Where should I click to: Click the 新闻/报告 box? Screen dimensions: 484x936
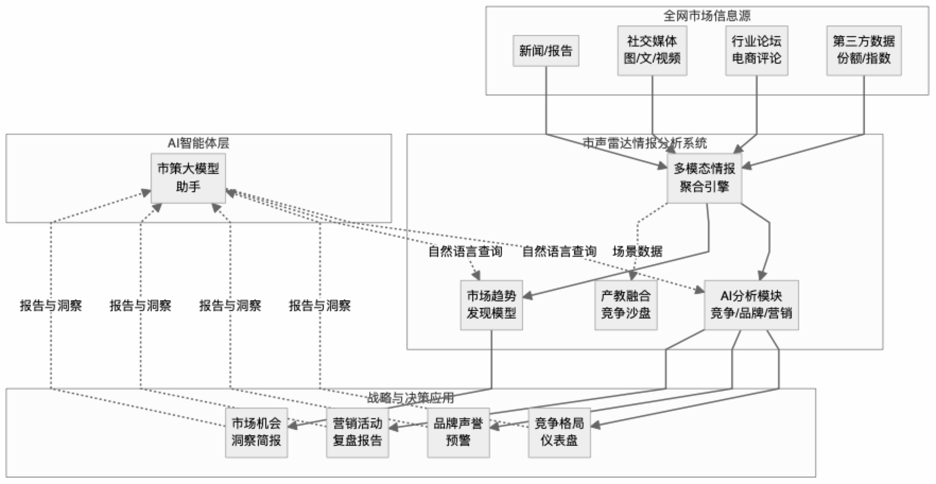pyautogui.click(x=545, y=51)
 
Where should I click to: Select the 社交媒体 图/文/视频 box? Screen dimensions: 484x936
pyautogui.click(x=652, y=50)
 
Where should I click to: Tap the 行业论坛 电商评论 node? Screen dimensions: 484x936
pyautogui.click(x=756, y=50)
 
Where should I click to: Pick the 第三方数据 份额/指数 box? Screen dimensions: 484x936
pyautogui.click(x=863, y=50)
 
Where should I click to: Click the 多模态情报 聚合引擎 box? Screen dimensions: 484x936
pyautogui.click(x=704, y=178)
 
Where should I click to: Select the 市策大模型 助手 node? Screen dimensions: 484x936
pyautogui.click(x=188, y=178)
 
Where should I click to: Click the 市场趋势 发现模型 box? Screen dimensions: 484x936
pyautogui.click(x=491, y=305)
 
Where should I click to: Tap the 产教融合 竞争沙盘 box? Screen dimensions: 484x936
pyautogui.click(x=626, y=305)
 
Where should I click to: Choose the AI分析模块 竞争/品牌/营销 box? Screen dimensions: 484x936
pyautogui.click(x=751, y=305)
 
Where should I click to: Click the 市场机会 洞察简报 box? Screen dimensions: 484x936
pyautogui.click(x=257, y=432)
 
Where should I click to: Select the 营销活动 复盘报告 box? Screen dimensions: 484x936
pyautogui.click(x=357, y=432)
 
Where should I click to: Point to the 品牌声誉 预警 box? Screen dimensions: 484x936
pyautogui.click(x=458, y=432)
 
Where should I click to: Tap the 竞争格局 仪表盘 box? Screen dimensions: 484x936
pyautogui.click(x=559, y=432)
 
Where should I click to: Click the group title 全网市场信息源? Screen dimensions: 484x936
pyautogui.click(x=707, y=16)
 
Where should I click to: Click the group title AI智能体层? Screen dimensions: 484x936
pyautogui.click(x=199, y=143)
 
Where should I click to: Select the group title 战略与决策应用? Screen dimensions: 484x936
pyautogui.click(x=411, y=398)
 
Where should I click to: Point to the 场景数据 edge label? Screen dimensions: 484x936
pyautogui.click(x=637, y=251)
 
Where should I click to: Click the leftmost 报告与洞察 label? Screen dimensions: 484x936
pyautogui.click(x=51, y=305)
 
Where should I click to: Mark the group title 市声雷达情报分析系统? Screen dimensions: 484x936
pyautogui.click(x=644, y=143)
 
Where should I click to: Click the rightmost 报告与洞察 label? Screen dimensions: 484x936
pyautogui.click(x=320, y=305)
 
